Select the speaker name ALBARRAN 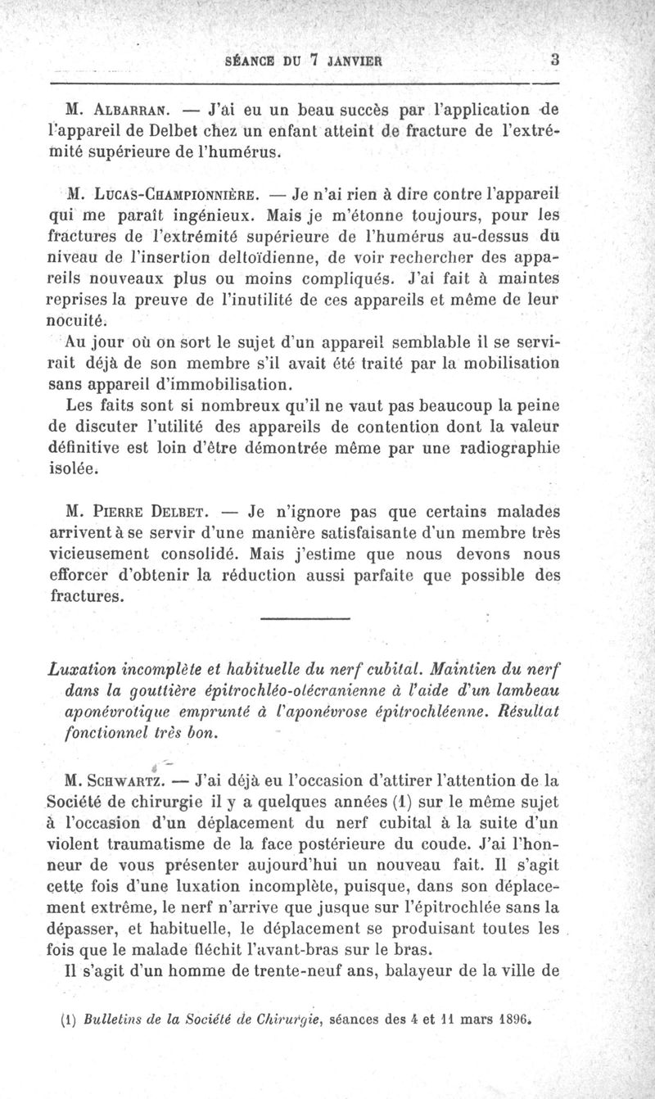click(x=137, y=109)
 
